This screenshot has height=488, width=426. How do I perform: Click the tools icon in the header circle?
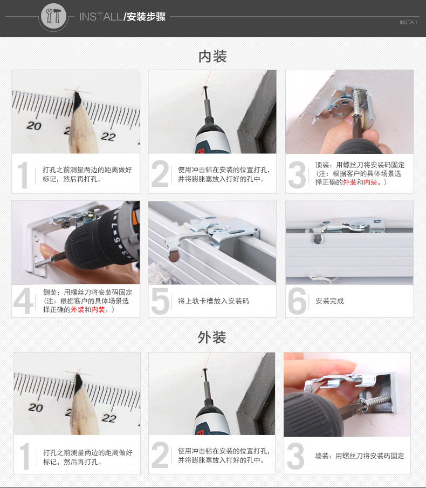53,16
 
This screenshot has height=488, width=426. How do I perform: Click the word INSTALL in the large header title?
100,17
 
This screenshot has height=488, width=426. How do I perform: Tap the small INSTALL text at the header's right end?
409,23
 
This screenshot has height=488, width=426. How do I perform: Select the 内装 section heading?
212,57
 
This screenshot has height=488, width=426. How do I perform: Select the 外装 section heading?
212,337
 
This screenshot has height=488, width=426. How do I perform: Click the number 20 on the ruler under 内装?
34,126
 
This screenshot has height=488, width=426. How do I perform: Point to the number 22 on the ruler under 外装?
109,418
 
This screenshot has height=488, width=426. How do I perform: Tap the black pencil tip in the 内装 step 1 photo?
77,100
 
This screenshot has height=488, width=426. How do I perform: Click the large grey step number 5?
160,301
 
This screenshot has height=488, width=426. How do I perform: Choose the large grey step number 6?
297,301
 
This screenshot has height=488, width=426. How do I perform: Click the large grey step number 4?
23,301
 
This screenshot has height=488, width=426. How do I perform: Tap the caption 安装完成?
329,301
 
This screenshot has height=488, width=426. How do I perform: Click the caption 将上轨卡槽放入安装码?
214,301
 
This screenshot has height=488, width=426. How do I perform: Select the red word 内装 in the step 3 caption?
370,182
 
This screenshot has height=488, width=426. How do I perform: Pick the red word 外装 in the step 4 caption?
78,310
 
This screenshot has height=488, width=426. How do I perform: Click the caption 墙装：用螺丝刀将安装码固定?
360,456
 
